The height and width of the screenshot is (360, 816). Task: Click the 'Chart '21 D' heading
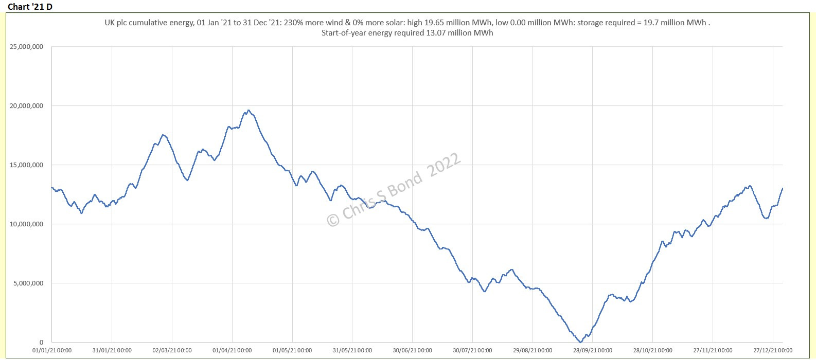(x=30, y=7)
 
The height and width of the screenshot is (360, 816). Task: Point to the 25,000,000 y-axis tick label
(x=26, y=47)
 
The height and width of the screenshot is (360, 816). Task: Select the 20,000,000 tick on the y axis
(x=26, y=106)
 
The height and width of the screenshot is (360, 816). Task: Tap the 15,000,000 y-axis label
(x=26, y=165)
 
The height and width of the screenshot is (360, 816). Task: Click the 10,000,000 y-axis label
(x=26, y=224)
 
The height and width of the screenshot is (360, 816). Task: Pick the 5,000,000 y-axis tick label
(x=28, y=283)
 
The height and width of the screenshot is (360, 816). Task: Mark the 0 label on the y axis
(x=41, y=343)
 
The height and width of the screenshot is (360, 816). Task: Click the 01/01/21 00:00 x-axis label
(x=52, y=351)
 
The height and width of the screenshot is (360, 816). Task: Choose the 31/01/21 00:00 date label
(x=112, y=351)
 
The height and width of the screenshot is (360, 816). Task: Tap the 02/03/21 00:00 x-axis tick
(x=172, y=351)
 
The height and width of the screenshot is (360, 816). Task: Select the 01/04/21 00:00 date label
(x=232, y=351)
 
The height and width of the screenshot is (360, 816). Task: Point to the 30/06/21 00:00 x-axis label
(x=412, y=351)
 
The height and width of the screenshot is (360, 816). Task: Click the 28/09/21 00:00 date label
(x=593, y=351)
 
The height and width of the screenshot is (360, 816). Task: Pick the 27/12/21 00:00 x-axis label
(x=773, y=351)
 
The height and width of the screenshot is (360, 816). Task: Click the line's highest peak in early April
(x=249, y=110)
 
